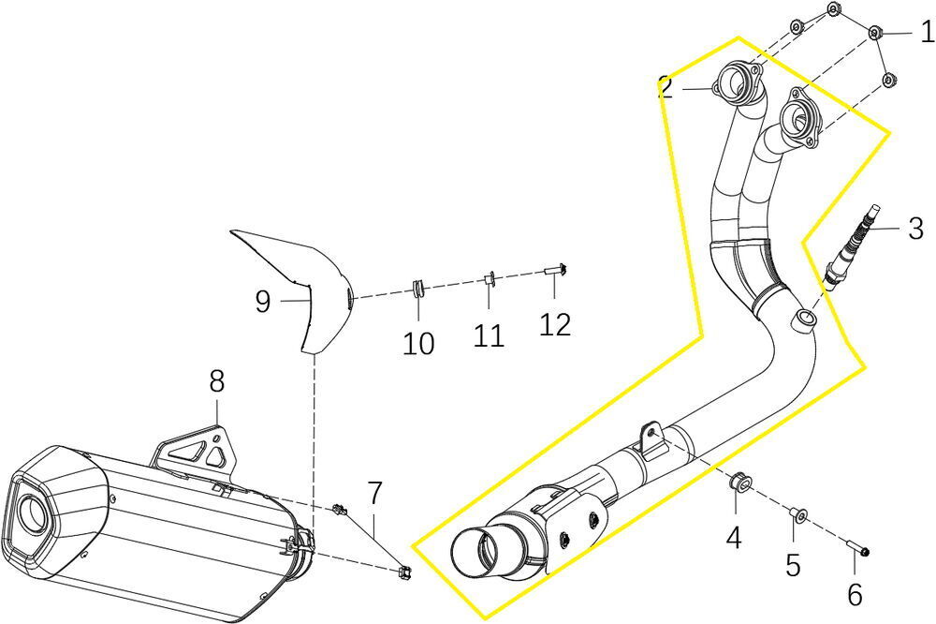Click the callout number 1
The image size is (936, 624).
[x=927, y=34]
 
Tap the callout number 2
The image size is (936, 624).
[x=665, y=87]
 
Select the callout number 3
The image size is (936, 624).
[x=915, y=228]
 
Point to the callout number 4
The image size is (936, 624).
[x=734, y=539]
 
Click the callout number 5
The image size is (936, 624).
[x=793, y=565]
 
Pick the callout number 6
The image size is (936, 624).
[x=854, y=592]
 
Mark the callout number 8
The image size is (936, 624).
[x=216, y=381]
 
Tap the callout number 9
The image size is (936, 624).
[x=263, y=301]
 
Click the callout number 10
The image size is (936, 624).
[x=418, y=344]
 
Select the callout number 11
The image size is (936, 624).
[x=488, y=335]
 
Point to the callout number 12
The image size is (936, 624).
[x=554, y=324]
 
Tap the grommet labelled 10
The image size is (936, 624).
[x=418, y=287]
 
